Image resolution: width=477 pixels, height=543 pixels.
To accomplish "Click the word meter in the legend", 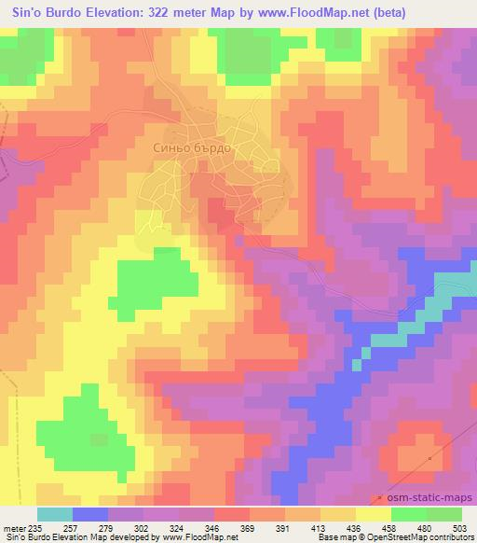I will (16, 528).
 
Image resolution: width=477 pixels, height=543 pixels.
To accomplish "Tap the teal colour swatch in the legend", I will (54, 514).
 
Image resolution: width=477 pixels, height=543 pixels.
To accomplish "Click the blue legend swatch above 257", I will (90, 514).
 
